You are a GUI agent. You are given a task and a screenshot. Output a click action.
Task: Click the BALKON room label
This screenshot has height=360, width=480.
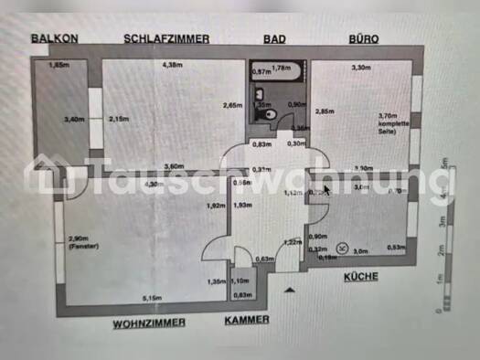pos(54,38)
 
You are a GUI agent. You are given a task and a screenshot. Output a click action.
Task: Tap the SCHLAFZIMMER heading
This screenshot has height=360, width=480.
pos(167,38)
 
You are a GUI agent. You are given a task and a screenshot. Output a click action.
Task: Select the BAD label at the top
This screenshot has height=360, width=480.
pos(274,38)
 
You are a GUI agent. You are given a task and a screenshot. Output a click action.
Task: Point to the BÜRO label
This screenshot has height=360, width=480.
pos(363,38)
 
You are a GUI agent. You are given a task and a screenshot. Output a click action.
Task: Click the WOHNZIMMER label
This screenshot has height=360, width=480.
pos(149,323)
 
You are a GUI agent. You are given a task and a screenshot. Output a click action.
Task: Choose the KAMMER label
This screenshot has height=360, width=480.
pos(247,320)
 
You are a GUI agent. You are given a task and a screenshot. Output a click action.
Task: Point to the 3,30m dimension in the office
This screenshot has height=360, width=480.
pos(362,67)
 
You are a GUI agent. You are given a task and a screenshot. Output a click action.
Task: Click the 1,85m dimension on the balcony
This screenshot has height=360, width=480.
pos(59,65)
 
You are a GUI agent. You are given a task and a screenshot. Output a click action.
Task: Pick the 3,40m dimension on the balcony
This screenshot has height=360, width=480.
pos(74,119)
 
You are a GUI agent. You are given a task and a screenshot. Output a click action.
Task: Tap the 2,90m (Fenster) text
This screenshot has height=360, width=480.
pos(80,242)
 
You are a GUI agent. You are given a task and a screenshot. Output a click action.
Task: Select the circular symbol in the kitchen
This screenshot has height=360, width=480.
pos(342,248)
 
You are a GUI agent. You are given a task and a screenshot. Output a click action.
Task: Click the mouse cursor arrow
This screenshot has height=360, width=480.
pos(326,192)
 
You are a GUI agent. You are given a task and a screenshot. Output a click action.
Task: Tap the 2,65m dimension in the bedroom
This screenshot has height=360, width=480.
pos(233,105)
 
